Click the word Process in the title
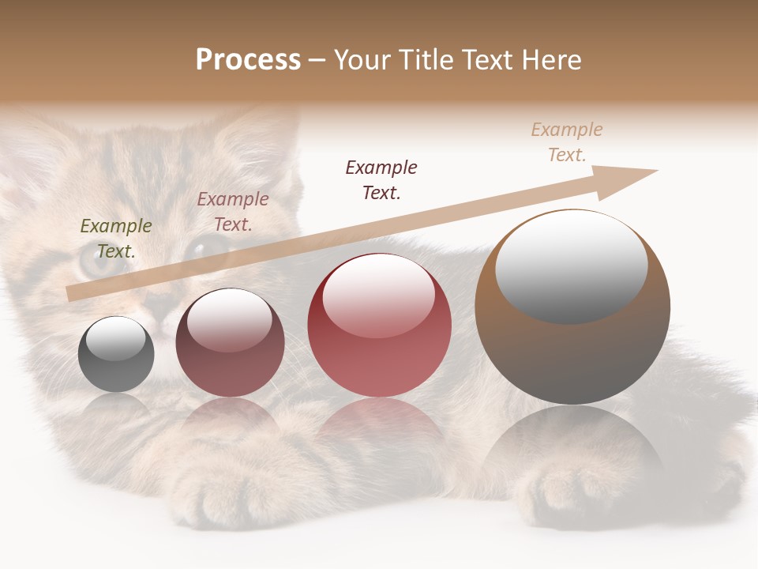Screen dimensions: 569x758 [x=248, y=60]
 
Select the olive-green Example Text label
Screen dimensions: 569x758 [x=116, y=239]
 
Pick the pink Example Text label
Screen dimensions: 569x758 [x=233, y=212]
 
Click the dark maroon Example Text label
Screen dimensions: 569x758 [x=381, y=179]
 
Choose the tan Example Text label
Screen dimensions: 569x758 [x=567, y=142]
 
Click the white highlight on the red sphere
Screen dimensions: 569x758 [x=379, y=294]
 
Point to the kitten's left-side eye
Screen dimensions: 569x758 [x=95, y=261]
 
